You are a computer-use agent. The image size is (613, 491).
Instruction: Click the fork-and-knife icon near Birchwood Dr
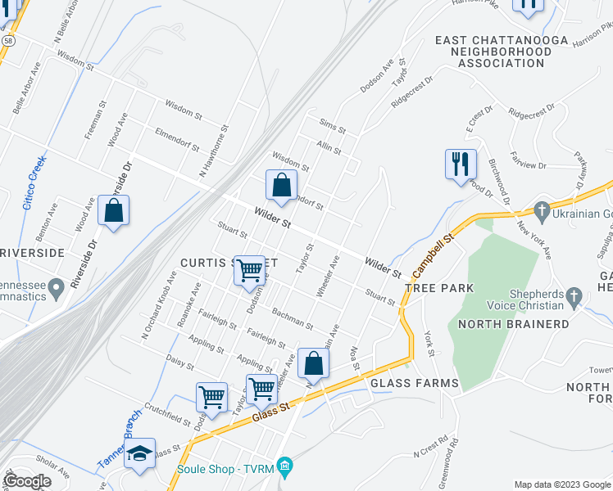(x=461, y=164)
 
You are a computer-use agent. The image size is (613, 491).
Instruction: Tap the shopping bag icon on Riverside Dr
(x=114, y=210)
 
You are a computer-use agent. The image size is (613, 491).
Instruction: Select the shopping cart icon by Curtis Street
(x=249, y=268)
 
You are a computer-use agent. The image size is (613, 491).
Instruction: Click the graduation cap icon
(x=140, y=454)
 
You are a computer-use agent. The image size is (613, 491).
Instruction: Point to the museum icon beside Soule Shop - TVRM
(x=284, y=468)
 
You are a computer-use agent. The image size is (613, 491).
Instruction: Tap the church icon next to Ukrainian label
(x=540, y=212)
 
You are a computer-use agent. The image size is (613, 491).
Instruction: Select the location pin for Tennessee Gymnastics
(x=56, y=288)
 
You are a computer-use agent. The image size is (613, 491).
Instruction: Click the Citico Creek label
(x=34, y=182)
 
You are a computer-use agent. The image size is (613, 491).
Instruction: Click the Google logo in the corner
(x=28, y=481)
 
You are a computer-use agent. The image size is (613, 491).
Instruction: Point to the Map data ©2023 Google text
(x=562, y=484)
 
